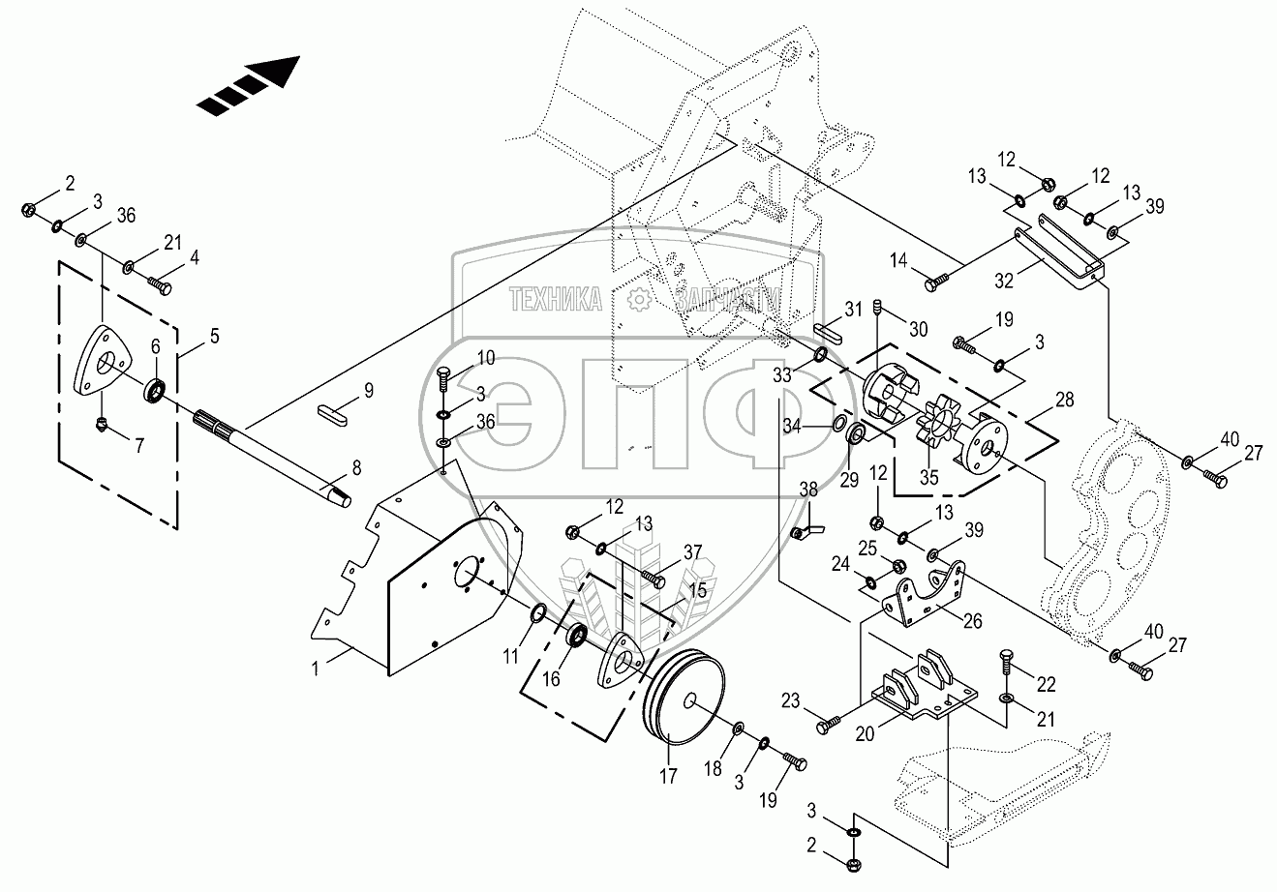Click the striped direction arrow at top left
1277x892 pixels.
click(248, 86)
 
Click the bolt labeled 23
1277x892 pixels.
click(827, 723)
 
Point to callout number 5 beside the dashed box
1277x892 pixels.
click(214, 337)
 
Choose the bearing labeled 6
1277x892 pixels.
click(154, 391)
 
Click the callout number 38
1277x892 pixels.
click(809, 490)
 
